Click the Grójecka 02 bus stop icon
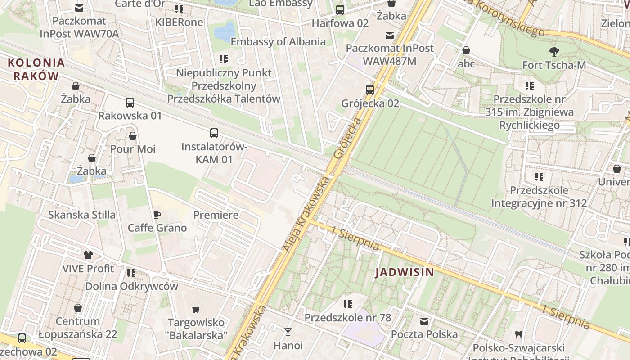(x=370, y=90)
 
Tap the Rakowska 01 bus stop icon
(x=130, y=103)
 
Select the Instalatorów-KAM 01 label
(x=214, y=153)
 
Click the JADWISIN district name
(x=405, y=272)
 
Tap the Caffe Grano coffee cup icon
(x=157, y=215)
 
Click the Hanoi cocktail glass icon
(x=288, y=332)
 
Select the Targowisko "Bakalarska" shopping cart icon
(x=196, y=309)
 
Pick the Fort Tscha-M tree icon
(x=554, y=52)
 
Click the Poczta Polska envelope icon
(x=424, y=321)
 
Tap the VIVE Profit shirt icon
(x=88, y=255)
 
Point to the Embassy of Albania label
(x=278, y=42)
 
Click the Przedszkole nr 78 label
(x=348, y=317)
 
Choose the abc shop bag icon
(x=466, y=50)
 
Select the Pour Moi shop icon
(x=133, y=135)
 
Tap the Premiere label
(x=216, y=215)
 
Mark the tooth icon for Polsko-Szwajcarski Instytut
(x=518, y=334)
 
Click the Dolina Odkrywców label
(x=132, y=286)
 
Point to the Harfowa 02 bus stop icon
(x=340, y=10)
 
